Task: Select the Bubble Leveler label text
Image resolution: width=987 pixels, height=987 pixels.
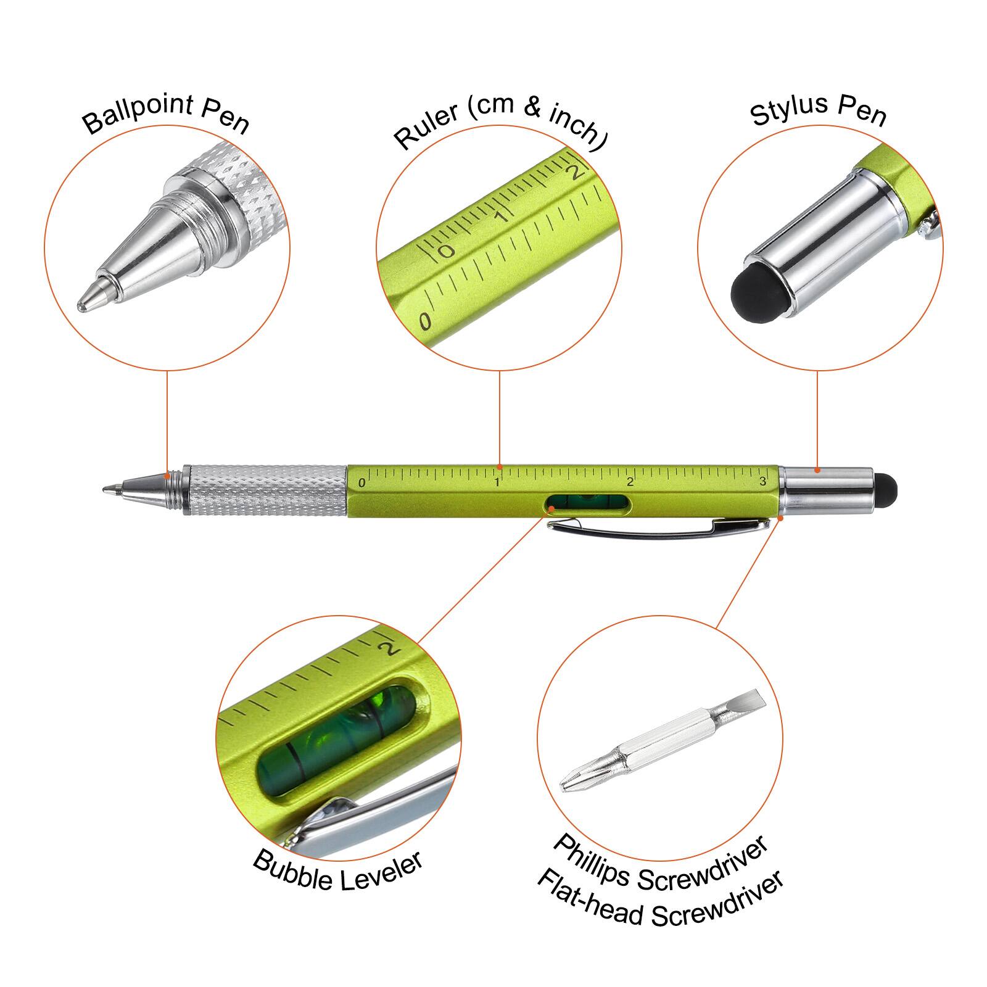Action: (338, 870)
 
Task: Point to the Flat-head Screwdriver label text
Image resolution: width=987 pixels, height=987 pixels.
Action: (660, 901)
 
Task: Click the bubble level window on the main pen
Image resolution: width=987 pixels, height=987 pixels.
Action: (588, 503)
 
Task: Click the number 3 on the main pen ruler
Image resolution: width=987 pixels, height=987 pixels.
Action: (763, 482)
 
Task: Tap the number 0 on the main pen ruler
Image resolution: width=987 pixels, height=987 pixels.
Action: (361, 483)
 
